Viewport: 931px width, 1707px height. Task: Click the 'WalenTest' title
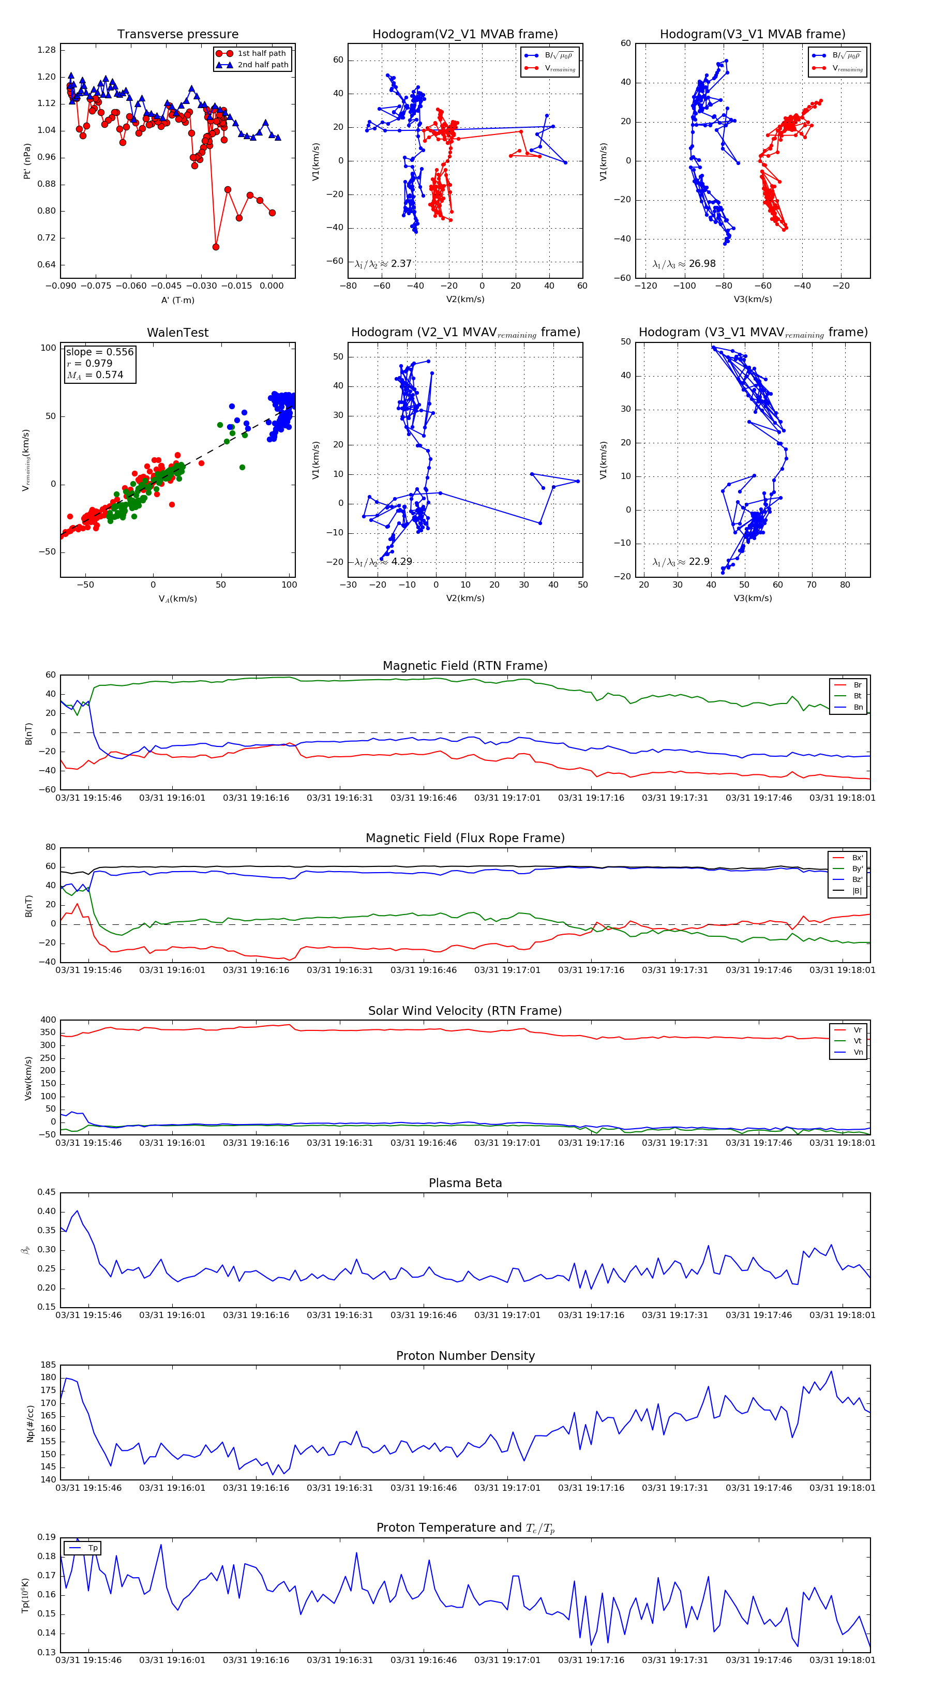pos(177,333)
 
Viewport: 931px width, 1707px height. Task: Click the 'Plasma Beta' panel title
pos(465,1183)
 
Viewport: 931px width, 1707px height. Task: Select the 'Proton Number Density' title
pos(465,1356)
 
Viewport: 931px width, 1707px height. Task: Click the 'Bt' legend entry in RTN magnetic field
pos(857,696)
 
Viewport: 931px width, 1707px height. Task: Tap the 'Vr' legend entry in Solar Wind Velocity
pos(857,1030)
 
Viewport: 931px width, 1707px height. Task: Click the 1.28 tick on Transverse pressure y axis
pos(47,50)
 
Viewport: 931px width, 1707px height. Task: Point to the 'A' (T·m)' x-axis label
pos(177,300)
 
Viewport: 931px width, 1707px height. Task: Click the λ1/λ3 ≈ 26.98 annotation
pos(684,264)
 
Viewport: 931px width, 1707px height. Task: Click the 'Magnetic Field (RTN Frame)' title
pos(465,666)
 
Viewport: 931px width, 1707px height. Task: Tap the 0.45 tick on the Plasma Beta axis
pos(47,1192)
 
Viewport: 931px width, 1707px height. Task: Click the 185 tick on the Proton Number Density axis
pos(49,1365)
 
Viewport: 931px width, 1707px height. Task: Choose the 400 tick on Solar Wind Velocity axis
pos(49,1020)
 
